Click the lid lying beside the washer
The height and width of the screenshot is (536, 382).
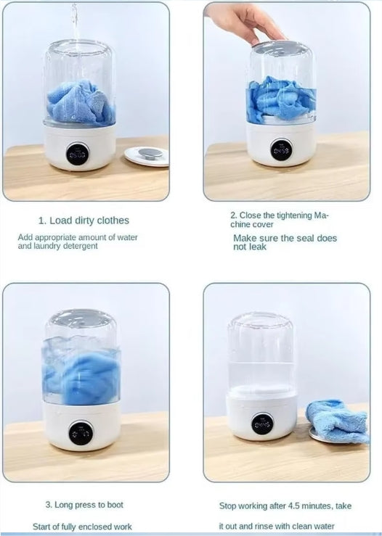point(146,154)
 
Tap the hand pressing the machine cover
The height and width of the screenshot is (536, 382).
point(240,22)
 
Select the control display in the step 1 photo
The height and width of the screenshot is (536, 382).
point(78,153)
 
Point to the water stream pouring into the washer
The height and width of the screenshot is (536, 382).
point(74,22)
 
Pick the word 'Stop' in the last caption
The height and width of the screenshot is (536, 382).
point(229,506)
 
